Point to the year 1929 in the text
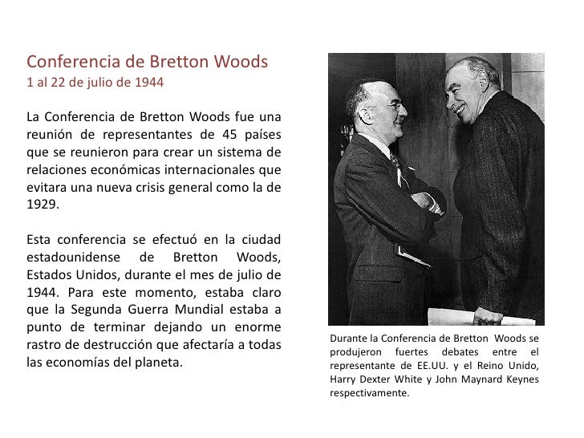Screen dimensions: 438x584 (x=42, y=204)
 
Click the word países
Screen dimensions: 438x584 (x=262, y=133)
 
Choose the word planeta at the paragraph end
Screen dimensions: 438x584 (x=157, y=363)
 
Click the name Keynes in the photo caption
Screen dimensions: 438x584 (x=520, y=379)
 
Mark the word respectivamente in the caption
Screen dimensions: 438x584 (x=369, y=393)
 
